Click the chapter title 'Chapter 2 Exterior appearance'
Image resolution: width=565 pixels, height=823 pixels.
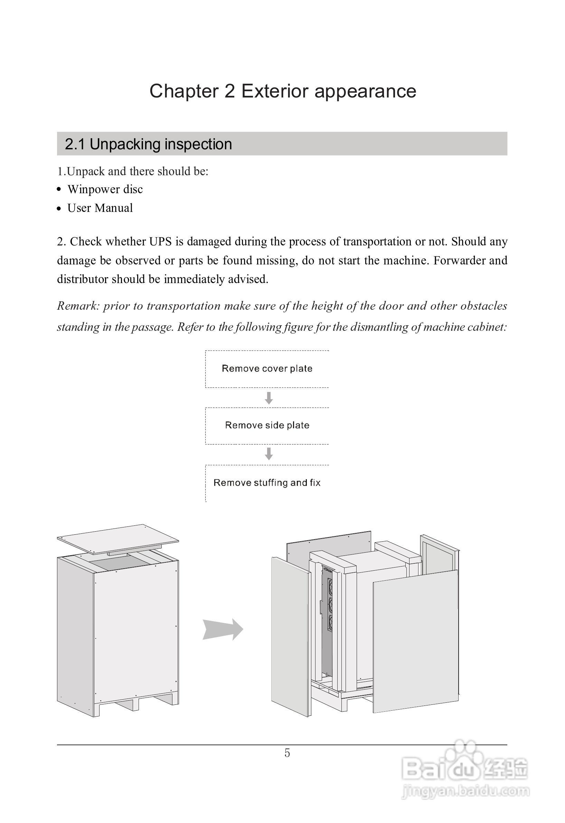pyautogui.click(x=283, y=91)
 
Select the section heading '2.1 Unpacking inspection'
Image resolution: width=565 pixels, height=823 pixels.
pyautogui.click(x=148, y=144)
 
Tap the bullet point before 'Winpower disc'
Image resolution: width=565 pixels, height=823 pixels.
pyautogui.click(x=59, y=190)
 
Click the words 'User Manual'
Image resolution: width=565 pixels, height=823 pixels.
pyautogui.click(x=100, y=208)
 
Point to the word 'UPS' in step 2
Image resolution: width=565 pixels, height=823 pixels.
pyautogui.click(x=160, y=242)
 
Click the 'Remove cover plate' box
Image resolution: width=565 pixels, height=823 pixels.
pyautogui.click(x=267, y=369)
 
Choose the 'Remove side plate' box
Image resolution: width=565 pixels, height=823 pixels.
pyautogui.click(x=267, y=425)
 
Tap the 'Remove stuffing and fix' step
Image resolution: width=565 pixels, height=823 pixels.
pyautogui.click(x=267, y=483)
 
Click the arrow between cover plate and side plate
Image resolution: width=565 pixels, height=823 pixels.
pyautogui.click(x=269, y=398)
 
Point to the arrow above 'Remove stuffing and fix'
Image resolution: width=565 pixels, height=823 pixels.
pyautogui.click(x=269, y=454)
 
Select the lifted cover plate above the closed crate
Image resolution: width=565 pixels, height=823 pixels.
pyautogui.click(x=118, y=539)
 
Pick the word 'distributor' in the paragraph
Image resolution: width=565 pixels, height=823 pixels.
pyautogui.click(x=83, y=279)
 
